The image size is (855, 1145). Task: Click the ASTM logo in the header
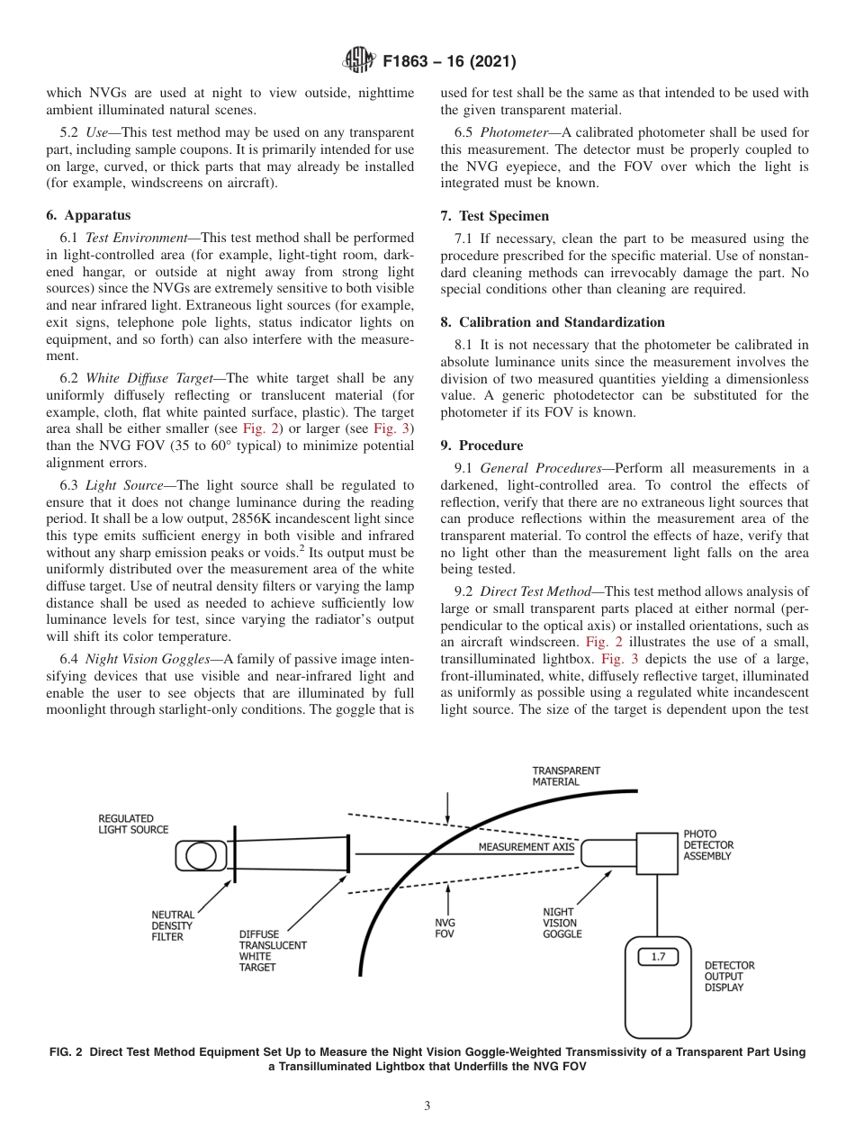coord(359,62)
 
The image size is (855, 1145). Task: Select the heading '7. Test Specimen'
coord(495,216)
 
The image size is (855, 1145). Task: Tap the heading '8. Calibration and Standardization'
coord(553,321)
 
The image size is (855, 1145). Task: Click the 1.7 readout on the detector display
coord(658,957)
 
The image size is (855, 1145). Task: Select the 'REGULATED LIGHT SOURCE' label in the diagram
coord(133,824)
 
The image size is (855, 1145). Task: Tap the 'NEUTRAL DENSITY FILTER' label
coord(172,926)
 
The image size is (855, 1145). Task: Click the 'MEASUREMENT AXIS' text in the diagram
coord(526,847)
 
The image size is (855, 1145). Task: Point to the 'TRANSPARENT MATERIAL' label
coord(566,776)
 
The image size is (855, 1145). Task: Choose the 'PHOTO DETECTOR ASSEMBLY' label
coord(708,845)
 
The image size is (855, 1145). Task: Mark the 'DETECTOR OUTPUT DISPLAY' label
coord(729,976)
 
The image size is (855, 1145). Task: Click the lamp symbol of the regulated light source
coord(200,854)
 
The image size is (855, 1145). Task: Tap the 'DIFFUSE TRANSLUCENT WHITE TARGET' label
coord(272,951)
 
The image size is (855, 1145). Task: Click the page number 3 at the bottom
coord(427,1106)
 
